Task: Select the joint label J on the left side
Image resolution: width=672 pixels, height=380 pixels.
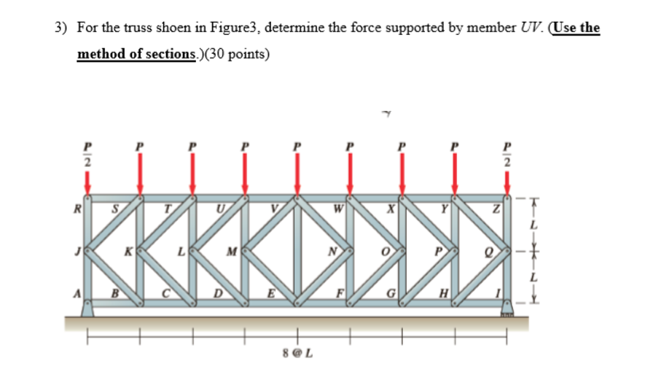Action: [77, 252]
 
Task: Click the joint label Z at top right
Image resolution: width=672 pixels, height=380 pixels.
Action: [496, 212]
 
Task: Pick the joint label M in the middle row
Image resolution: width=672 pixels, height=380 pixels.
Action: [231, 253]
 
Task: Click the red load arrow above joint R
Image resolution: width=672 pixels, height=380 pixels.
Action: [87, 182]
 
